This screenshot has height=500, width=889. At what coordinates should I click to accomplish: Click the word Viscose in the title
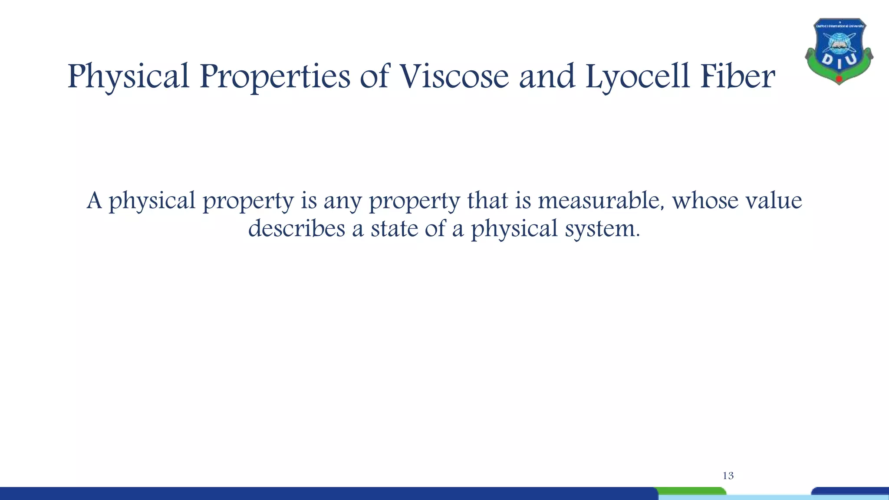pos(454,76)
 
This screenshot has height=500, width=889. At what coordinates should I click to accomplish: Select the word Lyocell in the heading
pos(637,77)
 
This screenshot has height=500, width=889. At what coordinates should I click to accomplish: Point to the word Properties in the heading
pos(274,77)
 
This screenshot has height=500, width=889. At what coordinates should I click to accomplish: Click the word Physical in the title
pos(128,77)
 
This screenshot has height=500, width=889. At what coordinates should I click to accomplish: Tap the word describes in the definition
pos(296,228)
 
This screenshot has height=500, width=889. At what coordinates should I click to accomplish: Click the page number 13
pos(728,476)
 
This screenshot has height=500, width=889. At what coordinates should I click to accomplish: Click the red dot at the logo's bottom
pos(839,79)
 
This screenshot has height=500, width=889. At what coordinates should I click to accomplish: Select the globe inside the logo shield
pos(839,43)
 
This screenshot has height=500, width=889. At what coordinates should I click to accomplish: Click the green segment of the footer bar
pos(692,491)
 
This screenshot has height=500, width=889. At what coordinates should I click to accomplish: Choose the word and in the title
pos(547,76)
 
